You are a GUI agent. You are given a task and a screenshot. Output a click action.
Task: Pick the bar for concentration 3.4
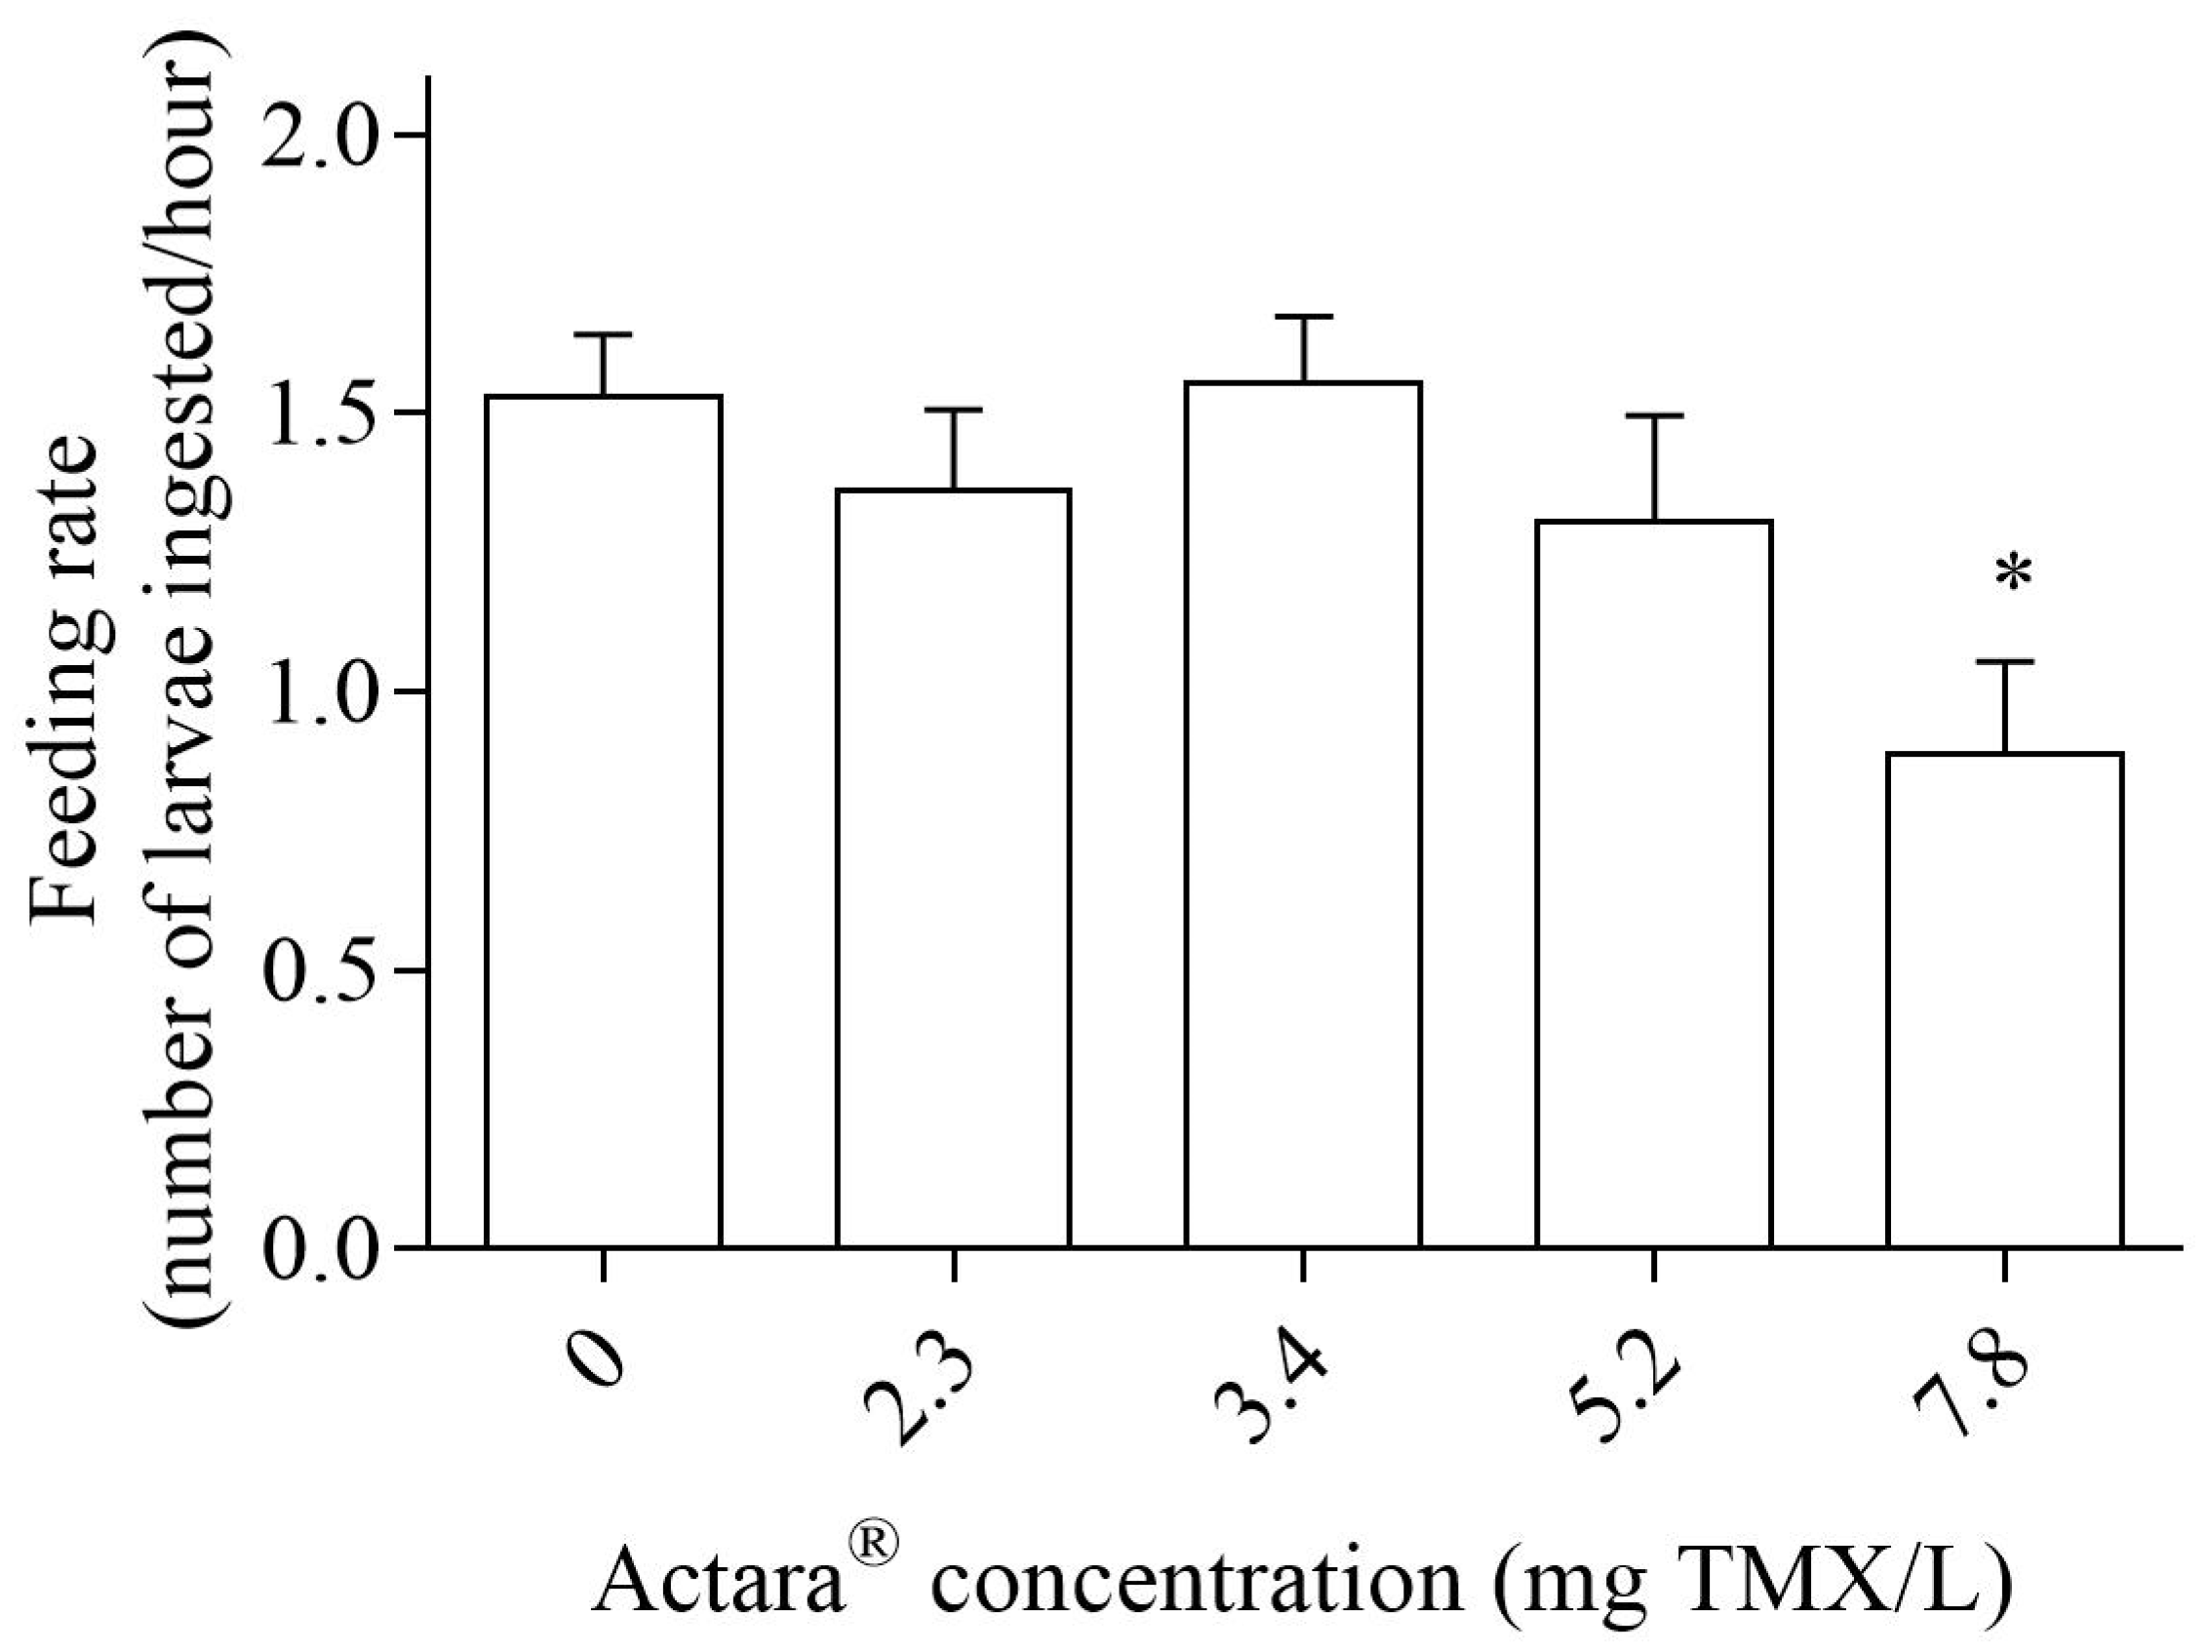click(x=1303, y=814)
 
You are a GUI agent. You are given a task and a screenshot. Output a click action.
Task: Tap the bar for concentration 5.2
click(x=1654, y=883)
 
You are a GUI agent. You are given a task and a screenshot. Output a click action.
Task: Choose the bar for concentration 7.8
click(x=2004, y=999)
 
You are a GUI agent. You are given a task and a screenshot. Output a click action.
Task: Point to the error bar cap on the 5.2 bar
click(x=1654, y=415)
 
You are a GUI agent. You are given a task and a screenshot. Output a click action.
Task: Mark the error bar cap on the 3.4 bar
click(x=1303, y=317)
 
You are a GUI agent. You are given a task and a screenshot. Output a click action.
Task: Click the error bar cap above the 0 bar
click(x=603, y=334)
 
